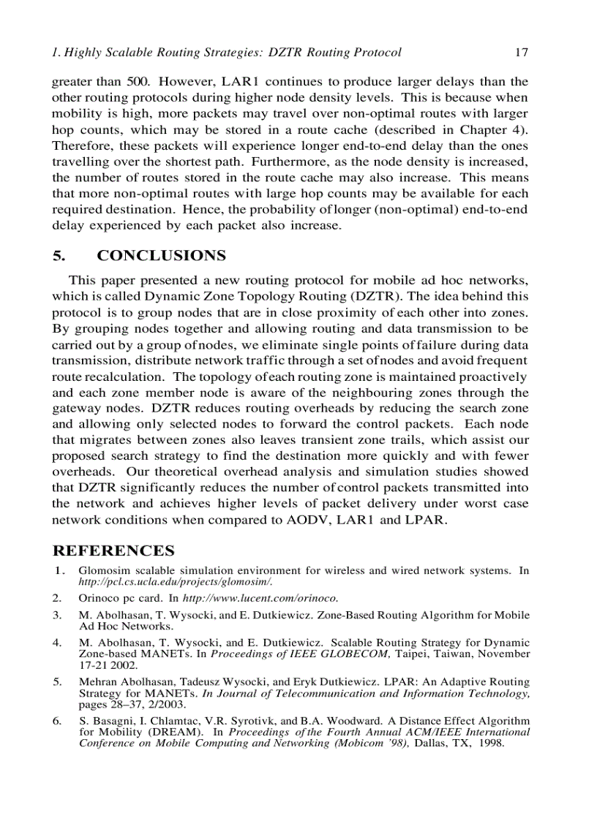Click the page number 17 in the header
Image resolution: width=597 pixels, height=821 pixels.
[521, 53]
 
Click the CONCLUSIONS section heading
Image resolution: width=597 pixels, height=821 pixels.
[162, 256]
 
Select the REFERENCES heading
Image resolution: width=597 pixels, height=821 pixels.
[113, 551]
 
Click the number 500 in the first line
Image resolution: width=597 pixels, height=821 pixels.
[136, 81]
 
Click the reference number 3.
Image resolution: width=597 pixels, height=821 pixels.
[57, 616]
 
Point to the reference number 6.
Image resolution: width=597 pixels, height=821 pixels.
[57, 721]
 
